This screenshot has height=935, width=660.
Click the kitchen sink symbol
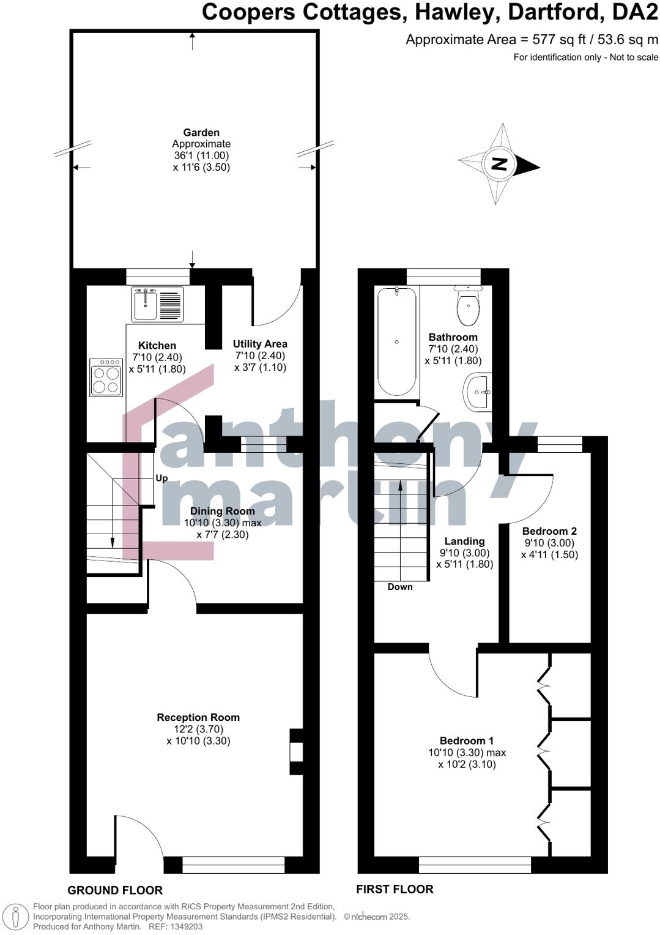[157, 304]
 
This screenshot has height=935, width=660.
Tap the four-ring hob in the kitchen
[105, 378]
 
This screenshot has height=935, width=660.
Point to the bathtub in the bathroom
[397, 341]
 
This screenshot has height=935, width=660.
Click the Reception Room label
[198, 717]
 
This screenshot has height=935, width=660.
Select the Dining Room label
[222, 511]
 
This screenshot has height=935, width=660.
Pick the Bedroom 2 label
[549, 531]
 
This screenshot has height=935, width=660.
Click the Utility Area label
[260, 344]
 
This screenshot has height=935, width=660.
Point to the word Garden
[201, 132]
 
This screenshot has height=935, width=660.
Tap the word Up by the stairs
[161, 478]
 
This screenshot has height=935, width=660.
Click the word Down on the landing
[400, 587]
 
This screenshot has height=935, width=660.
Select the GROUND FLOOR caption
[115, 890]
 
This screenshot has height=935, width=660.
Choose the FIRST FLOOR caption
[395, 889]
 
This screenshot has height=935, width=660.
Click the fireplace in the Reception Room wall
[297, 751]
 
